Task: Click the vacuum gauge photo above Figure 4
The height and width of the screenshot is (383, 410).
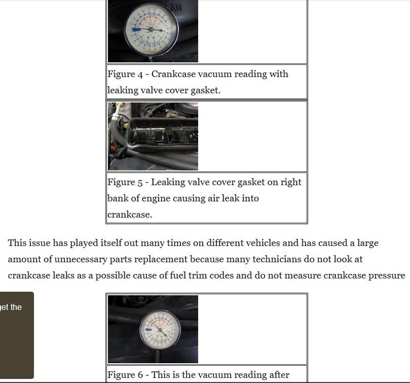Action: pos(153,31)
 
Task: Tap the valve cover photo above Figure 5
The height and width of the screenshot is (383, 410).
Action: pos(153,136)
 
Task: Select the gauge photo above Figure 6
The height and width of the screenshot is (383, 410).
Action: pos(153,329)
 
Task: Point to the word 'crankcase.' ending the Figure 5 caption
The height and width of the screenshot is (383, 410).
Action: pos(130,215)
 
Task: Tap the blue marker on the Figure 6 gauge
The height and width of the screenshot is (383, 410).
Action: pos(148,330)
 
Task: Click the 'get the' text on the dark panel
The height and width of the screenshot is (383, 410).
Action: pos(11,307)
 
